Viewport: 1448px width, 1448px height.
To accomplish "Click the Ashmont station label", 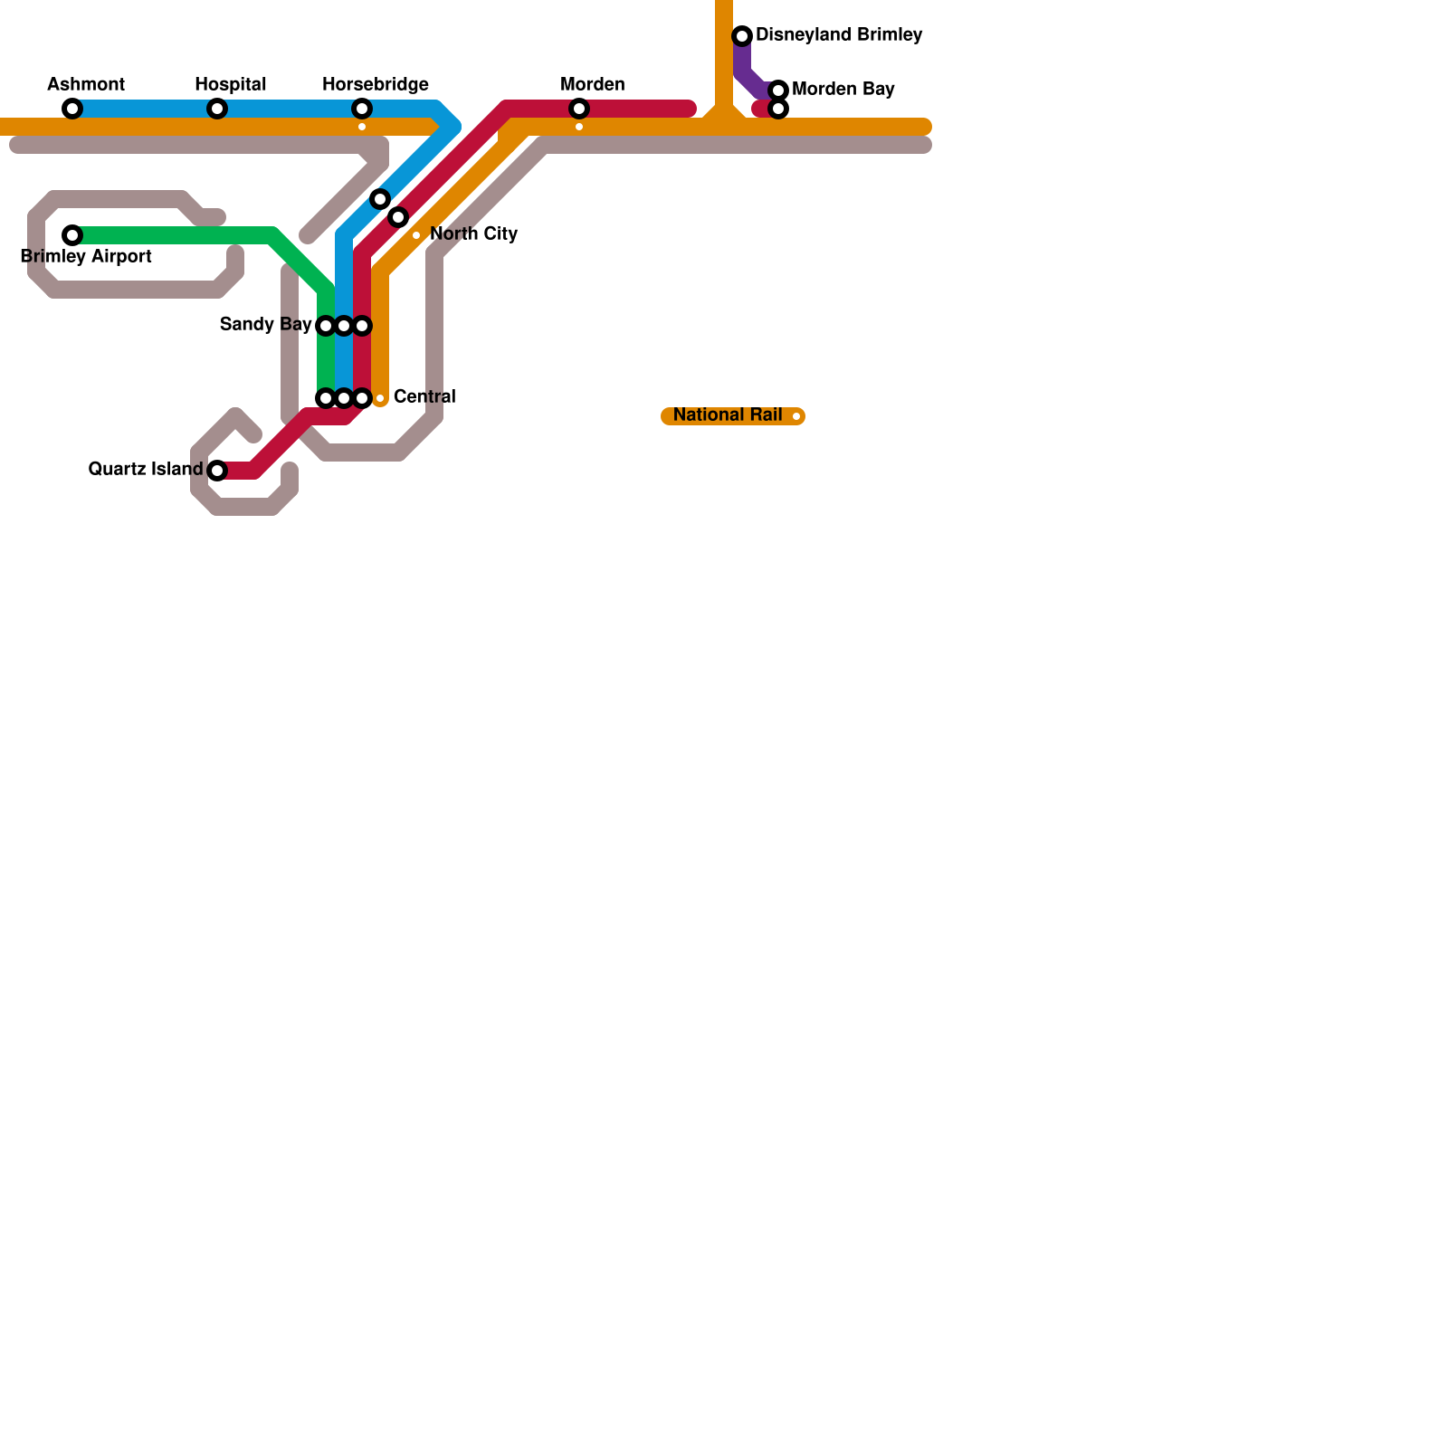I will click(x=86, y=85).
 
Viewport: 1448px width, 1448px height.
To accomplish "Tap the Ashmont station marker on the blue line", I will click(x=72, y=109).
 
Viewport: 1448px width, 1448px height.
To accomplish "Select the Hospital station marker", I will click(x=217, y=109).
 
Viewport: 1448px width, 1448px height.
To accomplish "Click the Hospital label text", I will click(x=231, y=85).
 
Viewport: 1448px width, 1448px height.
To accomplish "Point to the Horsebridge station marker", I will click(x=362, y=109).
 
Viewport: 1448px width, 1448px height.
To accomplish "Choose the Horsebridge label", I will click(x=376, y=85).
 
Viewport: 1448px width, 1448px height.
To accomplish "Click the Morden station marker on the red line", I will click(x=579, y=109).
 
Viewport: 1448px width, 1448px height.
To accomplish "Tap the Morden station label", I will click(x=593, y=85).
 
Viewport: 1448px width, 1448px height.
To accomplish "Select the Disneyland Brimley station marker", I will click(x=742, y=36).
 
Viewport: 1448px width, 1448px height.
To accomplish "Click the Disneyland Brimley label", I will click(x=839, y=35).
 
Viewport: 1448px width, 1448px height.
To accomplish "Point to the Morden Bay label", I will click(x=843, y=90).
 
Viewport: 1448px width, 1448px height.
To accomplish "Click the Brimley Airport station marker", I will click(x=72, y=235).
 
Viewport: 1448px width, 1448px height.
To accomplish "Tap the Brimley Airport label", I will click(x=86, y=257).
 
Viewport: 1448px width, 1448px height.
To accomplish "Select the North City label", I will click(x=473, y=234).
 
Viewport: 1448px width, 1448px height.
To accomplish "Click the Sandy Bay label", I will click(x=265, y=325).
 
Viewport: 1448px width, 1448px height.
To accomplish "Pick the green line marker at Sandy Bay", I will click(x=326, y=326).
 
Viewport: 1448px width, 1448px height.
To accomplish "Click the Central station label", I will click(x=424, y=397).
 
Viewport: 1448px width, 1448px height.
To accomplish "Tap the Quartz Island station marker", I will click(x=217, y=471).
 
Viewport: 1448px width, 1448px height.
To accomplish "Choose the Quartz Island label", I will click(x=146, y=470).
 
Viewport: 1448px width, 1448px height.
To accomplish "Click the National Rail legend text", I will click(x=728, y=415).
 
